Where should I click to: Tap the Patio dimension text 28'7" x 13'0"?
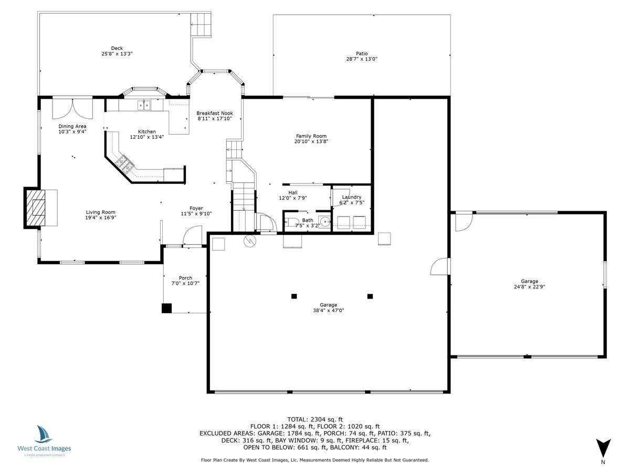click(362, 59)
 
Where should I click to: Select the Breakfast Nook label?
click(214, 113)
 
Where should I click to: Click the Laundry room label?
click(351, 197)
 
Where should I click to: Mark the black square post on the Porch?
click(166, 309)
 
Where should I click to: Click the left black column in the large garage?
click(293, 296)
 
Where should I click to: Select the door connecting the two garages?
click(439, 266)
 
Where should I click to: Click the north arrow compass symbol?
click(603, 448)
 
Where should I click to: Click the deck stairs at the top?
click(201, 25)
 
